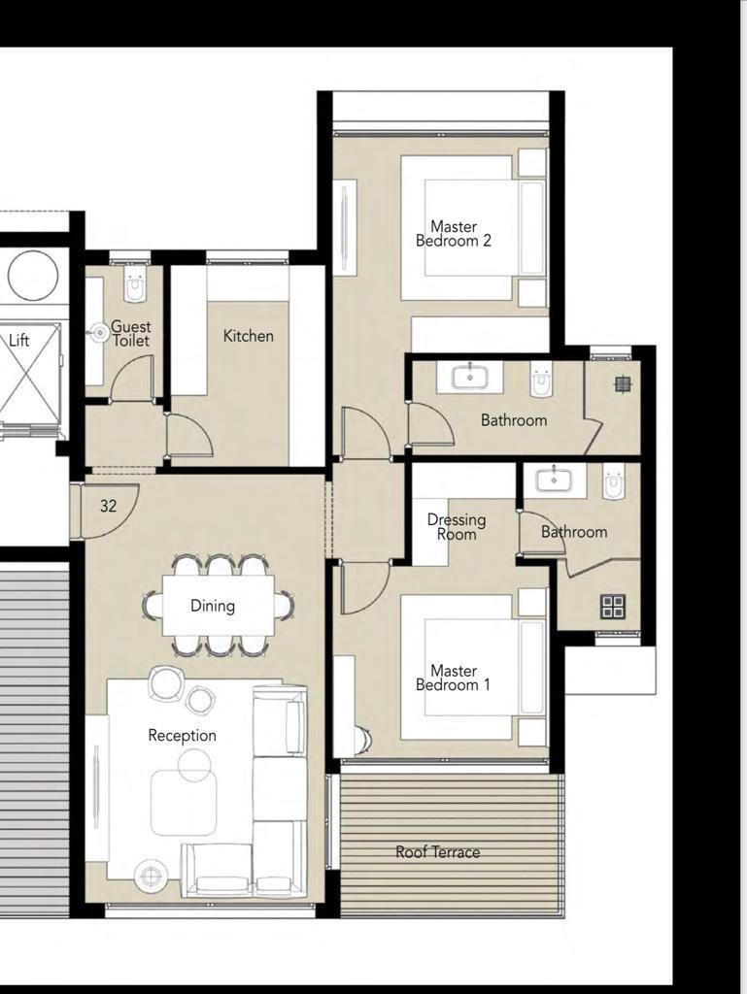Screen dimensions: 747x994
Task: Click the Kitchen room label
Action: (249, 336)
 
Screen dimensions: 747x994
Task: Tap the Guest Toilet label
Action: (130, 334)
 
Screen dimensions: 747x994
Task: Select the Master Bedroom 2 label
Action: (454, 233)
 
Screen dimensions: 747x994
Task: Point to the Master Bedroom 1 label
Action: (454, 678)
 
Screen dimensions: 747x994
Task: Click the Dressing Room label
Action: (457, 527)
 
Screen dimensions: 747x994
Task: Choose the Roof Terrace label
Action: (437, 852)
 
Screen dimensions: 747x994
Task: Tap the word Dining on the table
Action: (213, 606)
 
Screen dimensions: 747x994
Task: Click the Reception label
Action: (182, 736)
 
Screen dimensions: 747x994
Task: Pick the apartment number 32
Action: (109, 506)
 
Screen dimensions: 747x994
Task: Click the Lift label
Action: (19, 341)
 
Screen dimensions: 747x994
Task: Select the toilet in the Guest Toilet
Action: (135, 282)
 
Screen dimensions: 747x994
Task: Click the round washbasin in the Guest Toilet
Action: (99, 332)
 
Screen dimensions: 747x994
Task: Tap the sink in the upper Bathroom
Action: (470, 378)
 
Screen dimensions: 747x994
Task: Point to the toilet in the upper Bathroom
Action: (541, 380)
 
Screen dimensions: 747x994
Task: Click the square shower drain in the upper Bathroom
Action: (624, 383)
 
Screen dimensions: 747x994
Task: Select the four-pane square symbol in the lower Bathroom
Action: (613, 606)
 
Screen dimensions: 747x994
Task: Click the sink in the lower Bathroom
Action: (555, 480)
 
